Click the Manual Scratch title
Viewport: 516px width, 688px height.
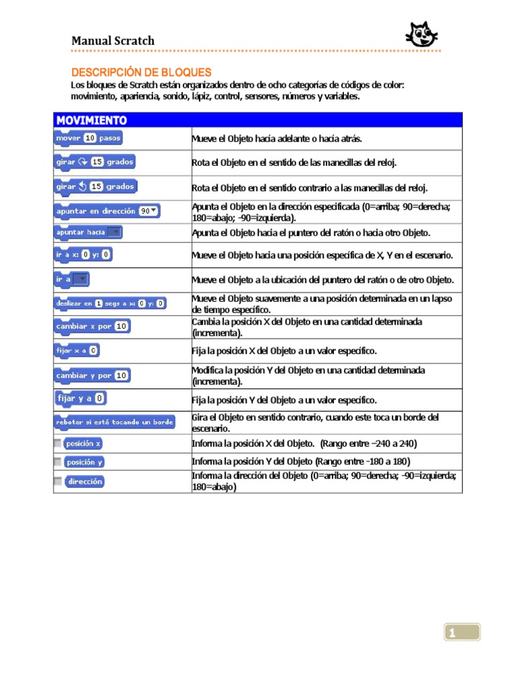click(113, 41)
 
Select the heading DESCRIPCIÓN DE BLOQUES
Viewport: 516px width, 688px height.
click(141, 72)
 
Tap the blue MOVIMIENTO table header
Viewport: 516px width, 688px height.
click(258, 120)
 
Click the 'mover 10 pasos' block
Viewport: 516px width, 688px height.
click(88, 138)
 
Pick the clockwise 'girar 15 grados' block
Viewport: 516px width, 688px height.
click(95, 162)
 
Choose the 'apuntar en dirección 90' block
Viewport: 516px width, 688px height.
click(107, 211)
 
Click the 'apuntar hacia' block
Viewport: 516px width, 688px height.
click(88, 232)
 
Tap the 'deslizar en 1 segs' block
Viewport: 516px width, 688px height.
click(110, 304)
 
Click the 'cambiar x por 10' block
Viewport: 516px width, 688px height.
click(92, 326)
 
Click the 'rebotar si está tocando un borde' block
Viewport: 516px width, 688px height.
click(114, 422)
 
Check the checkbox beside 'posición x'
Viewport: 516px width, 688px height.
click(58, 443)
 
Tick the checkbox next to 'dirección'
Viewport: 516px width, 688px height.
click(58, 481)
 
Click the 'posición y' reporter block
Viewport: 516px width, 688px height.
click(85, 462)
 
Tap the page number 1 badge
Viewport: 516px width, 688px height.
click(462, 632)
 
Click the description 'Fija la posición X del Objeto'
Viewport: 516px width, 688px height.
click(284, 351)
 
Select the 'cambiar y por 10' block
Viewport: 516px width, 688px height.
click(92, 376)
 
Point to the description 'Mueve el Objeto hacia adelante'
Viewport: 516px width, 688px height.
click(277, 138)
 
